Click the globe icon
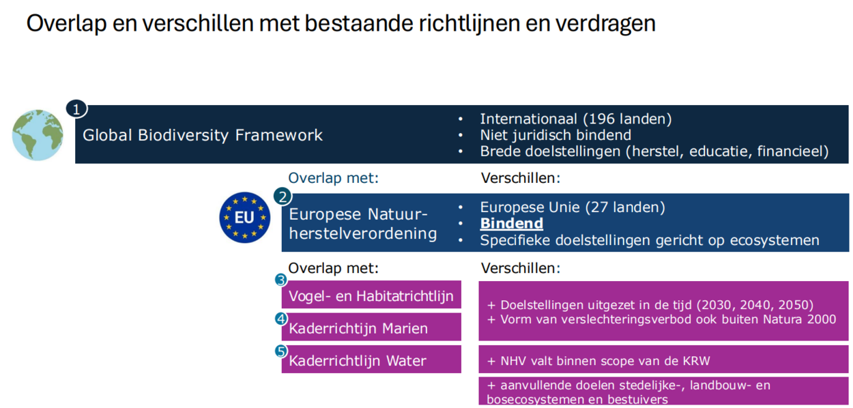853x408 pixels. tap(38, 135)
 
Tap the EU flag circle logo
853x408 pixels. tap(245, 218)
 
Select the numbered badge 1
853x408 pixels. tap(76, 109)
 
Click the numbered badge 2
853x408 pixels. tap(283, 196)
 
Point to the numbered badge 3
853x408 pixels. tap(281, 280)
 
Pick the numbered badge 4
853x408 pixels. tap(281, 319)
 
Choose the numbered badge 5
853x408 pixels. tap(281, 351)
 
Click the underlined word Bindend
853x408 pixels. tap(511, 223)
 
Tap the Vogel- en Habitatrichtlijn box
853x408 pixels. tap(371, 295)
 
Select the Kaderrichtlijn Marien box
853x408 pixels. tap(371, 327)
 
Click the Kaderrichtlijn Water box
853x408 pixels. tap(371, 360)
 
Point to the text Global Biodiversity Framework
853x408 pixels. tap(203, 135)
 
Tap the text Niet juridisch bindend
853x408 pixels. tap(555, 135)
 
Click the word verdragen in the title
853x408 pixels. tap(605, 24)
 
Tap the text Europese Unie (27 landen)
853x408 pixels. tap(573, 207)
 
